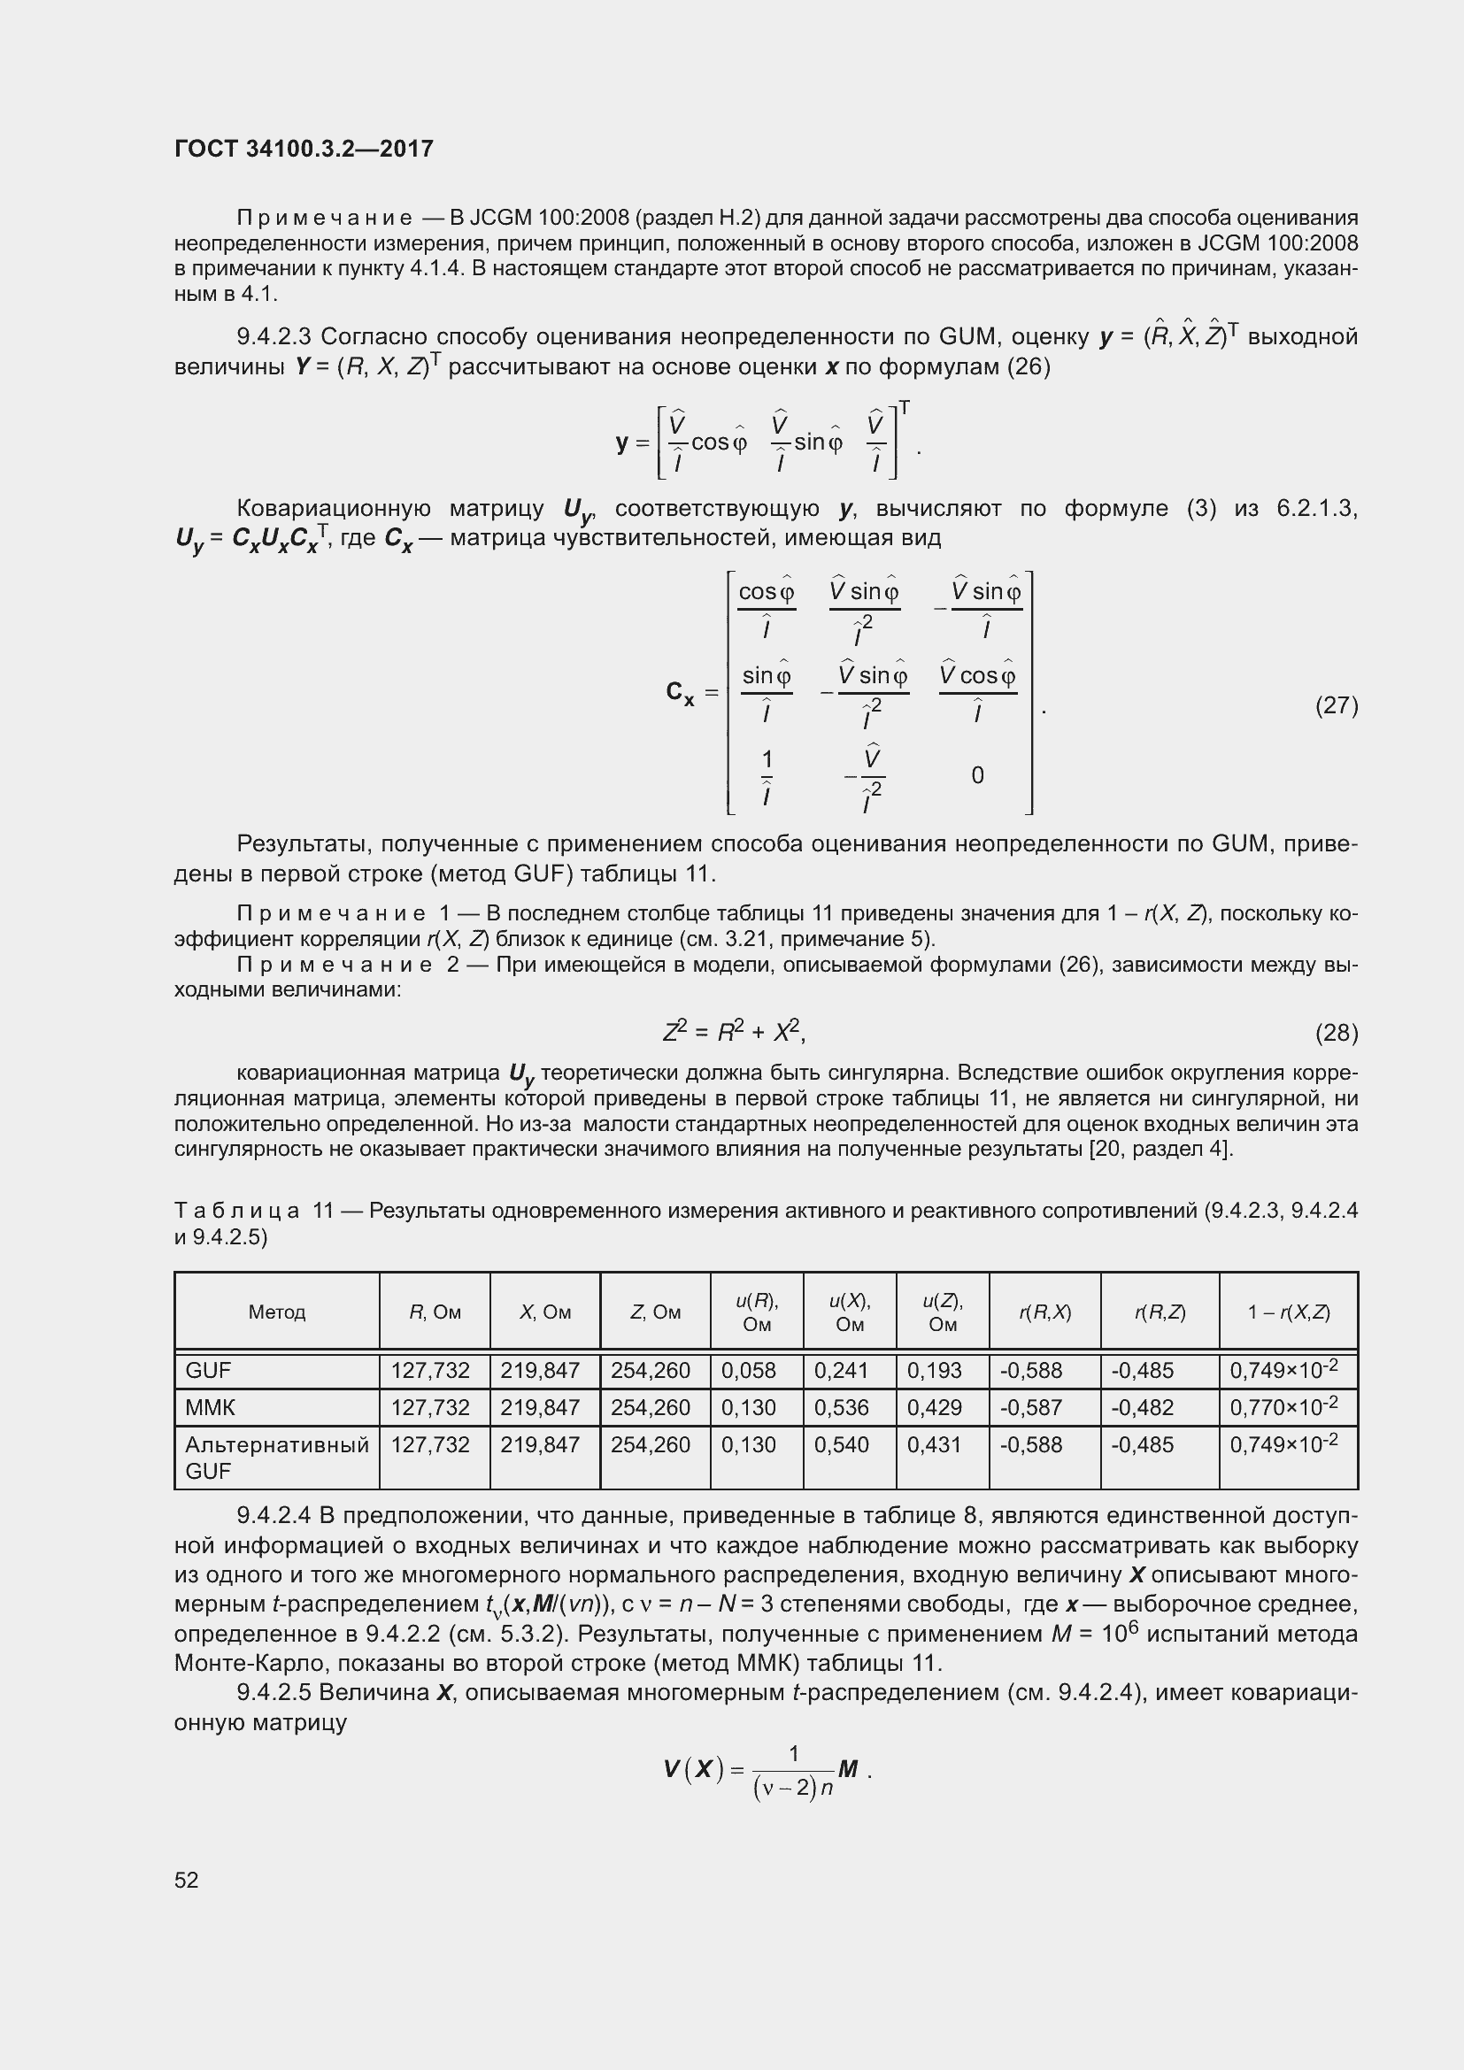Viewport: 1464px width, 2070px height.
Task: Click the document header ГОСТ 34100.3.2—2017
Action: tap(304, 149)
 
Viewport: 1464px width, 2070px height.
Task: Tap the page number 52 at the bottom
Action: tap(187, 1880)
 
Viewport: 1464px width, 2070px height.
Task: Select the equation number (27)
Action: tap(1336, 705)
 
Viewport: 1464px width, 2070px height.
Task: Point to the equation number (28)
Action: tap(1336, 1032)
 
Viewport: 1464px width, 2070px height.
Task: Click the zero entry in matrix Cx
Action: tap(977, 775)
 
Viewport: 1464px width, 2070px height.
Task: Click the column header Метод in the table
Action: tap(277, 1312)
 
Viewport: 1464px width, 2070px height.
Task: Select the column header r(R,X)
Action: tap(1044, 1312)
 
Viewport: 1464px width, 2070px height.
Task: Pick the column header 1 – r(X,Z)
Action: tap(1288, 1312)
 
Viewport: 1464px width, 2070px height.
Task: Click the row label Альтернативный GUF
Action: tap(276, 1458)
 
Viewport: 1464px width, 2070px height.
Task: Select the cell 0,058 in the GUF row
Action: tap(748, 1370)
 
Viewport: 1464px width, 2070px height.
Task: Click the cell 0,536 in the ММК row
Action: tap(841, 1407)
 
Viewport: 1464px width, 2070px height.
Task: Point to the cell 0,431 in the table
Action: tap(934, 1444)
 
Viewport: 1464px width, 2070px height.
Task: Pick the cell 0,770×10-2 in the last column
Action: tap(1283, 1407)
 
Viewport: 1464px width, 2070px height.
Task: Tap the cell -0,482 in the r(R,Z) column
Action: tap(1142, 1407)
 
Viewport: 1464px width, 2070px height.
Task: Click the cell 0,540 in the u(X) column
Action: tap(841, 1444)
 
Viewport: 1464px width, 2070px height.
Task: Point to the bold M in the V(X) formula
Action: tap(847, 1769)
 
